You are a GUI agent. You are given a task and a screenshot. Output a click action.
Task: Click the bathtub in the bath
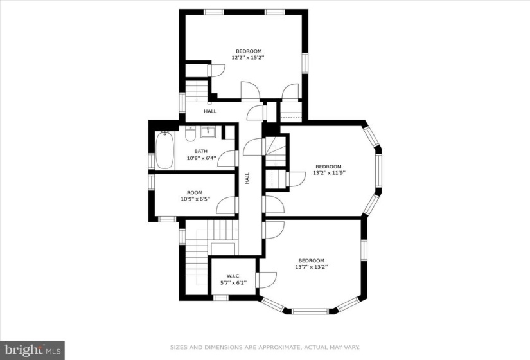(x=164, y=150)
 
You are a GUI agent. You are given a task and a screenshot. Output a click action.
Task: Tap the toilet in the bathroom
(x=190, y=134)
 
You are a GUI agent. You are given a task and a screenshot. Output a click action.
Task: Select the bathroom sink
(x=208, y=132)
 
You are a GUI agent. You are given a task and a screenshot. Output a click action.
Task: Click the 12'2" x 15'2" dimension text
(x=248, y=57)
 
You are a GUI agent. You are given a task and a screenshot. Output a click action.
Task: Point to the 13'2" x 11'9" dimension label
(x=328, y=172)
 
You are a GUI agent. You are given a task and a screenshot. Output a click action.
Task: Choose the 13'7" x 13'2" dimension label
(x=312, y=267)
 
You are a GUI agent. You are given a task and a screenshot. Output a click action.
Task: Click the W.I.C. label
(x=234, y=276)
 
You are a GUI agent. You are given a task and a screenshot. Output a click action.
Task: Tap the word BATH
(x=201, y=151)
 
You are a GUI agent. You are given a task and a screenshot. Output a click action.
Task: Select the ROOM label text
(x=195, y=192)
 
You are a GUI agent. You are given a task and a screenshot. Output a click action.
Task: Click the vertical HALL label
(x=247, y=178)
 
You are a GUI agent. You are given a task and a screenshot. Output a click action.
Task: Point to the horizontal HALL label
(x=210, y=111)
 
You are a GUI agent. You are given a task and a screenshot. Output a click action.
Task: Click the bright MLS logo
(x=33, y=350)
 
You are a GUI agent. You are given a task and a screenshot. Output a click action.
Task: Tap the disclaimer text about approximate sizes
(x=265, y=348)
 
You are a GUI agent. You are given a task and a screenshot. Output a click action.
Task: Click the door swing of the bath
(x=227, y=158)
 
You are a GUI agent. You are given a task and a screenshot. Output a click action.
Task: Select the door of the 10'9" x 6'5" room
(x=225, y=205)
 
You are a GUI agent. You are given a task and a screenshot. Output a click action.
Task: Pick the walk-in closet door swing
(x=267, y=280)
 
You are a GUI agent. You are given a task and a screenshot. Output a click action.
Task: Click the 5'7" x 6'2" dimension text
(x=234, y=282)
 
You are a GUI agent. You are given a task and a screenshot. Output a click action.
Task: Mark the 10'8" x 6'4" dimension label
(x=202, y=157)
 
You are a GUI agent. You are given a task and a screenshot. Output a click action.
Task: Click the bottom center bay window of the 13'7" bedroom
(x=310, y=311)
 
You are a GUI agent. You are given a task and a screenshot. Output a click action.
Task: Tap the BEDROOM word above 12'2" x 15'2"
(x=249, y=51)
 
